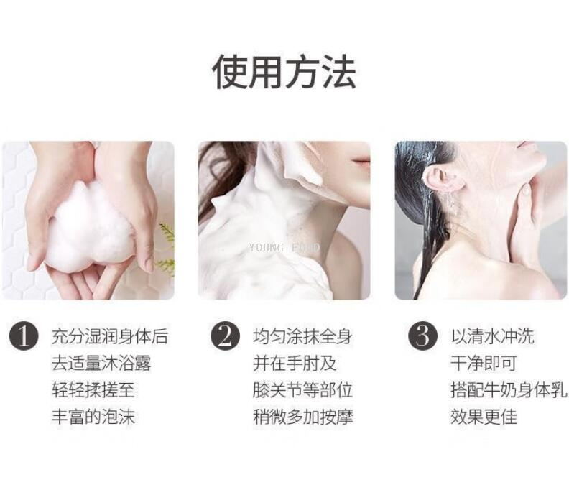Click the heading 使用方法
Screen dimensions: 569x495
pyautogui.click(x=284, y=72)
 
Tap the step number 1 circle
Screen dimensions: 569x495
pyautogui.click(x=24, y=336)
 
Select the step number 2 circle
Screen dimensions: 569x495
pyautogui.click(x=226, y=336)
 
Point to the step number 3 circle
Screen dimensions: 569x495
pyautogui.click(x=422, y=336)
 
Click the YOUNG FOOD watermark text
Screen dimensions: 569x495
pyautogui.click(x=284, y=248)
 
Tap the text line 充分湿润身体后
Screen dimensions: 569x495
pyautogui.click(x=110, y=336)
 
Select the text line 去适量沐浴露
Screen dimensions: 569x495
pyautogui.click(x=101, y=364)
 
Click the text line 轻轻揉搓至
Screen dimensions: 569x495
pyautogui.click(x=93, y=390)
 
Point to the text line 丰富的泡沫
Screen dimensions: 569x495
pyautogui.click(x=93, y=417)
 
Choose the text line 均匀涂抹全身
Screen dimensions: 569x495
pyautogui.click(x=302, y=336)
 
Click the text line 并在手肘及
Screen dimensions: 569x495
pyautogui.click(x=295, y=364)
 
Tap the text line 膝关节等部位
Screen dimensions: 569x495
pyautogui.click(x=302, y=390)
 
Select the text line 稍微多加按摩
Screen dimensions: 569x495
pyautogui.click(x=302, y=417)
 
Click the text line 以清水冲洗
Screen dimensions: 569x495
pyautogui.click(x=492, y=336)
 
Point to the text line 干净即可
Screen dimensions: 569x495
pyautogui.click(x=484, y=364)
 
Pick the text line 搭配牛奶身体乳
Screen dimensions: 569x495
pyautogui.click(x=509, y=390)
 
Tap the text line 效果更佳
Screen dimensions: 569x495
pyautogui.click(x=484, y=417)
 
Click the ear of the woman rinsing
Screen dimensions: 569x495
pyautogui.click(x=443, y=179)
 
